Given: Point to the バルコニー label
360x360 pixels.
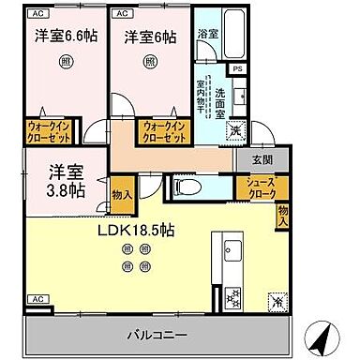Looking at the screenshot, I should [x=157, y=333].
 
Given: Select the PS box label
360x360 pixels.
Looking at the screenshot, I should [x=238, y=69].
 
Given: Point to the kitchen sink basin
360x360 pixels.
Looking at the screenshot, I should [x=232, y=251].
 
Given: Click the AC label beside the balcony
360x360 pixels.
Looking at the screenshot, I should [x=37, y=298].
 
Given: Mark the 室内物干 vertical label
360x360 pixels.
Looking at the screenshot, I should [x=201, y=95].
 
